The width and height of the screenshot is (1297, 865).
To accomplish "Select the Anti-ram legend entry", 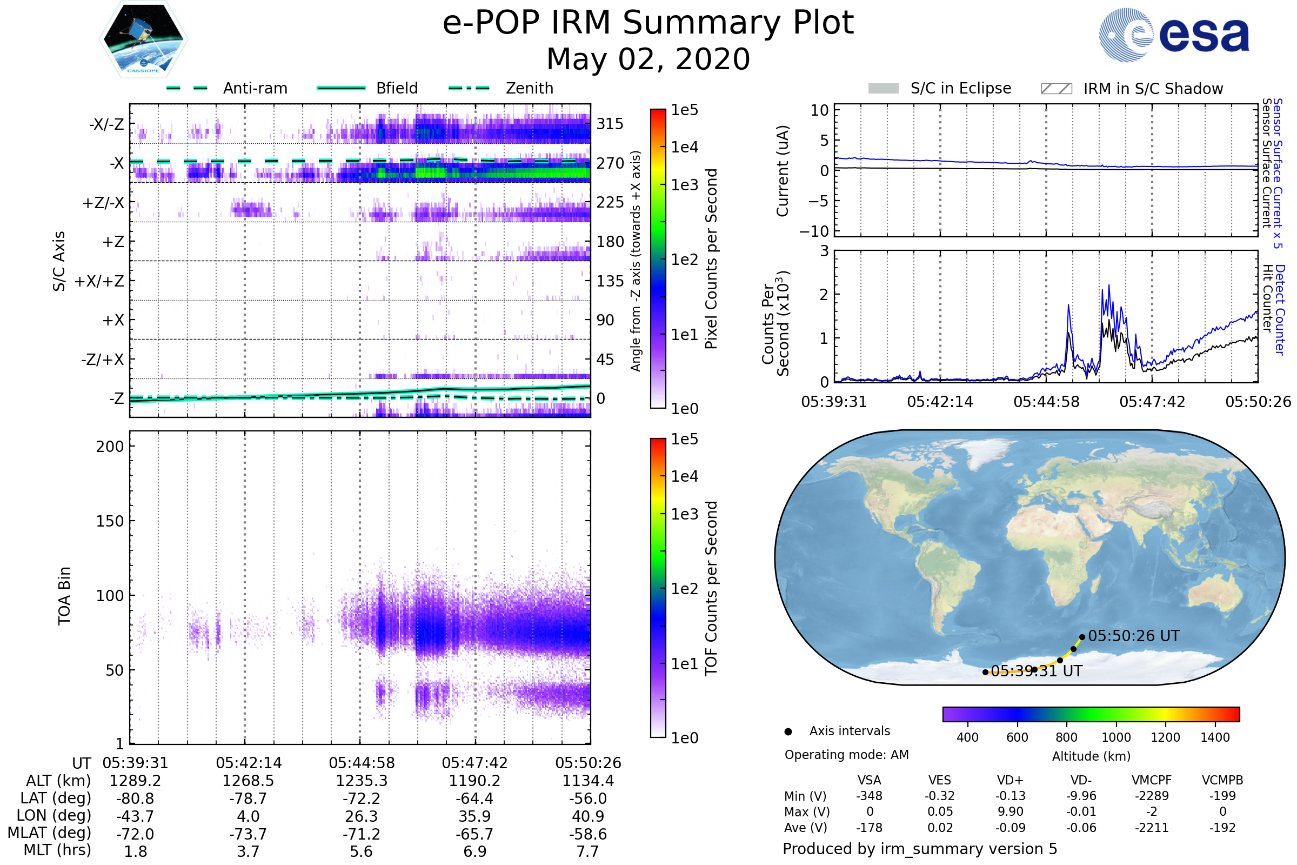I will (x=255, y=88).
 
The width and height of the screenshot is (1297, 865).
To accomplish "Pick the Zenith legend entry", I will (x=529, y=88).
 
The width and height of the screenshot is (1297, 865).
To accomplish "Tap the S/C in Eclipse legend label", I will (x=961, y=88).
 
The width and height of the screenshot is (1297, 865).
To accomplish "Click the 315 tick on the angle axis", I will (x=610, y=124).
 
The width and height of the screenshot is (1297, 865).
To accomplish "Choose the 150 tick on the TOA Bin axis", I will (x=110, y=521).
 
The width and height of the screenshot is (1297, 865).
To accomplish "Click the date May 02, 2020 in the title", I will (x=648, y=59).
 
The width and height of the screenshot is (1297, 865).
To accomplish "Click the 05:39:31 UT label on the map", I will (x=1037, y=671).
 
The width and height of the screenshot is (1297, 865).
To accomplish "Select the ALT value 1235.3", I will (x=361, y=781).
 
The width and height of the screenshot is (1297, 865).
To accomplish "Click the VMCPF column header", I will (x=1152, y=780).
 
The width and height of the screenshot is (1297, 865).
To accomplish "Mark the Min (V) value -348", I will (x=869, y=796).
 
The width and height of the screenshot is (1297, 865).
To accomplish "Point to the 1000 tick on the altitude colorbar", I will (x=1115, y=737).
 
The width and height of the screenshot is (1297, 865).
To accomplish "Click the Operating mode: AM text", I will (x=846, y=755).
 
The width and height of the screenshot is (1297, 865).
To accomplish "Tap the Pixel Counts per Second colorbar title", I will (x=711, y=259).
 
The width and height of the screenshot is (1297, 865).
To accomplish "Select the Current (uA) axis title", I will (x=783, y=171).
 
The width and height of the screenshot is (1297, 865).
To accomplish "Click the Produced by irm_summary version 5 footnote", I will (x=920, y=849).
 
